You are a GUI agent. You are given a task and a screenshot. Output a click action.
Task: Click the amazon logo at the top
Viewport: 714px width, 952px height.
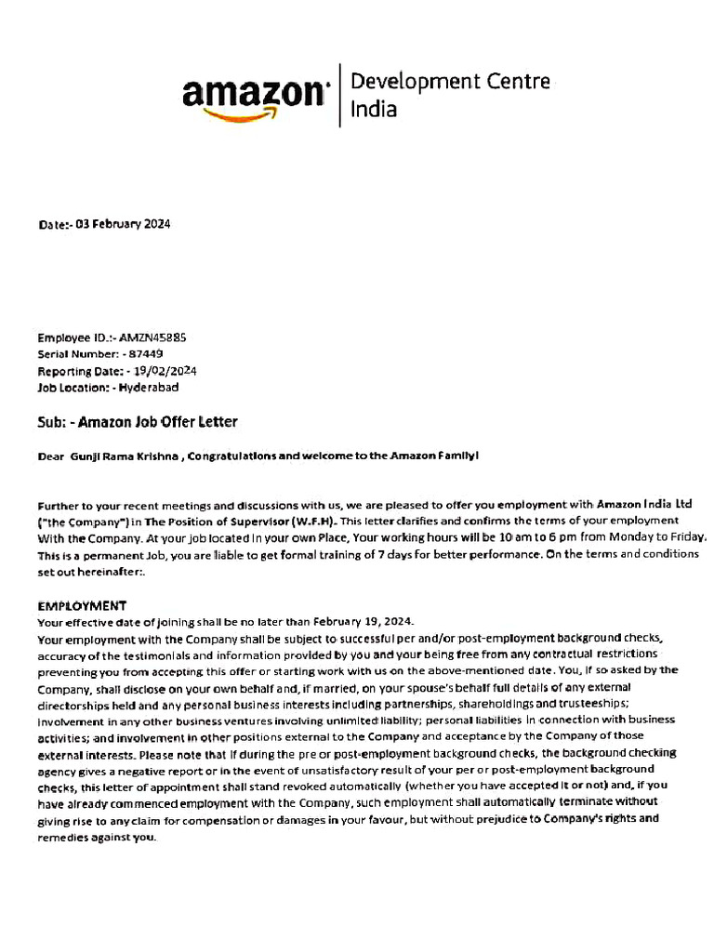(256, 96)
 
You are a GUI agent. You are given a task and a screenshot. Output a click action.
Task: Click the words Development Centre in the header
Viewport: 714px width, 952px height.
(450, 82)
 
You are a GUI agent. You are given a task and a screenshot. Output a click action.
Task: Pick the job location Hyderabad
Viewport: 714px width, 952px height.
(149, 387)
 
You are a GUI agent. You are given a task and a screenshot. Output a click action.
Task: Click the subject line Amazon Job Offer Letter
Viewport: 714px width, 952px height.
(158, 422)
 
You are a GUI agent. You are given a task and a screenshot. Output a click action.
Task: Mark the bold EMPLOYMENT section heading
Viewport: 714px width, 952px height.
(82, 605)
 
